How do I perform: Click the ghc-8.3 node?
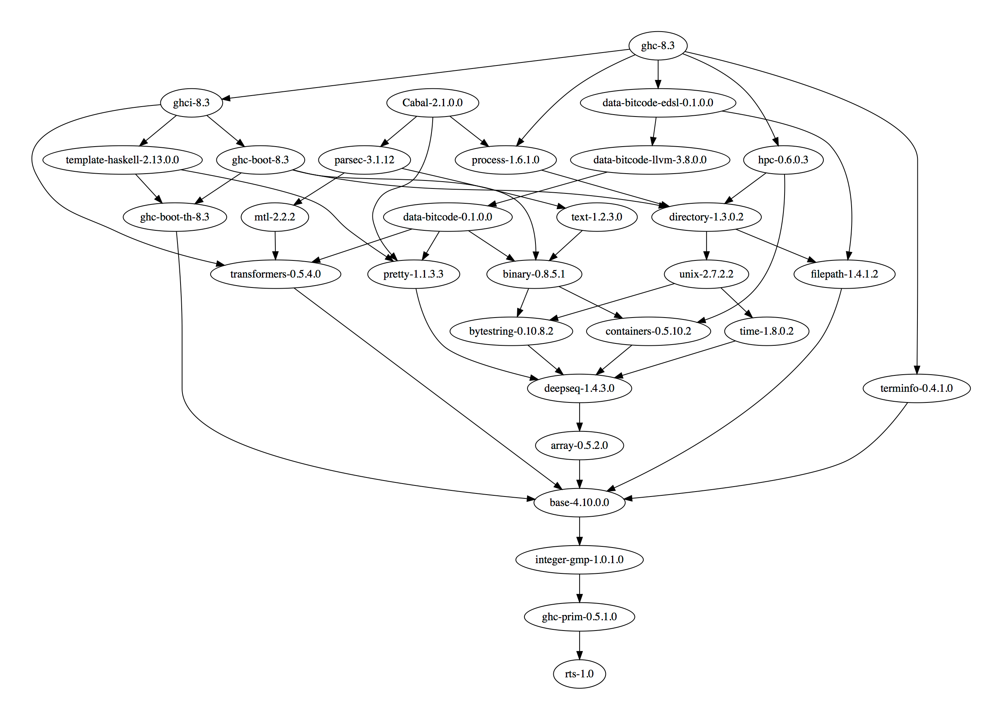tap(657, 45)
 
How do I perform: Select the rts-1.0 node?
tap(579, 674)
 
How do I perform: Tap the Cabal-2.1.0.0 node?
tap(433, 102)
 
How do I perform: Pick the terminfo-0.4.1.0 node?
tap(916, 388)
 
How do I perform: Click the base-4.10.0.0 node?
tap(579, 502)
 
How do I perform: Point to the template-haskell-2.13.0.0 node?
tap(122, 160)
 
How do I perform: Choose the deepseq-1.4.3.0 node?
tap(579, 388)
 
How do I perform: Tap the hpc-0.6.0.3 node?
tap(783, 160)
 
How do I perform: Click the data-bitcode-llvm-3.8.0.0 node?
tap(650, 160)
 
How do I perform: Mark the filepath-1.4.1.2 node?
tap(844, 274)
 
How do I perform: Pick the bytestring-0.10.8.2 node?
tap(511, 331)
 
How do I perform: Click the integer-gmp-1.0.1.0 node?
tap(579, 560)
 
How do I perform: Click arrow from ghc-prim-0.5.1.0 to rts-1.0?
tap(579, 645)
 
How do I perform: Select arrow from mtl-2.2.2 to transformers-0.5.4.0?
tap(275, 245)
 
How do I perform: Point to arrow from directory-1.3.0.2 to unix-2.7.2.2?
tap(706, 245)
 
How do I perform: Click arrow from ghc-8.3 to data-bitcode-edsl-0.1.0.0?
tap(658, 74)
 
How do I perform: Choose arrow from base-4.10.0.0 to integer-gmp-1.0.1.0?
tap(579, 530)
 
